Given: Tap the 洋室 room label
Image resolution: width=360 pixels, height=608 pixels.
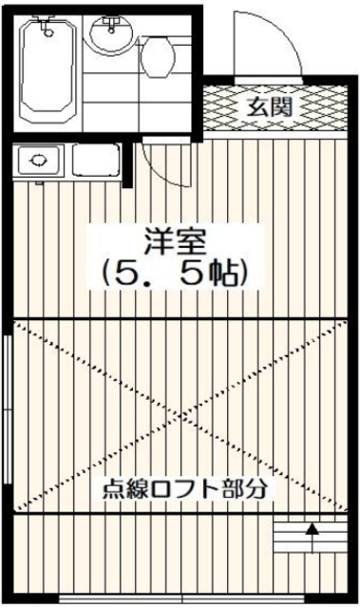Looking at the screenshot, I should pos(177,242).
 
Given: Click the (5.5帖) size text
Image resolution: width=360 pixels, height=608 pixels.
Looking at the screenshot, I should pos(177,274).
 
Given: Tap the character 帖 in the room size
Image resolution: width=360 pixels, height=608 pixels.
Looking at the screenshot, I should pos(226,274).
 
